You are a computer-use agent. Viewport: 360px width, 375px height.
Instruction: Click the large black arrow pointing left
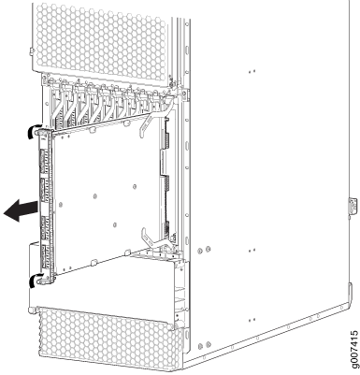22,210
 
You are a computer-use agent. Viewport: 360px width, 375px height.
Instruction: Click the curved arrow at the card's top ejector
31,131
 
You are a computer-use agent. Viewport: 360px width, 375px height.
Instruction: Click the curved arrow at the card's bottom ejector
33,280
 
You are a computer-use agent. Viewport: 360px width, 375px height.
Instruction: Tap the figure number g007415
353,350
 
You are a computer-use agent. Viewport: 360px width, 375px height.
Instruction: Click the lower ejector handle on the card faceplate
44,280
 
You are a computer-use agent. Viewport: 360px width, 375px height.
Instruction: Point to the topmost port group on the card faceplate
43,161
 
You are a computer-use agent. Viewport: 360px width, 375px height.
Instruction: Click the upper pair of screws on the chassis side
204,250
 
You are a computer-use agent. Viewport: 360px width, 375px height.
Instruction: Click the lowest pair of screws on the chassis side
204,345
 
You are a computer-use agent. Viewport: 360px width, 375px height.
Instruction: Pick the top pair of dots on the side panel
252,71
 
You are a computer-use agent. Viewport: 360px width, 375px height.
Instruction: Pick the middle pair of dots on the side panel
252,250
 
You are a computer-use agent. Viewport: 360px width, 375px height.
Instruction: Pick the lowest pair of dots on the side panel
252,320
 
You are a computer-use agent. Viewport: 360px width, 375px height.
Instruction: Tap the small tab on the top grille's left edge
31,51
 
